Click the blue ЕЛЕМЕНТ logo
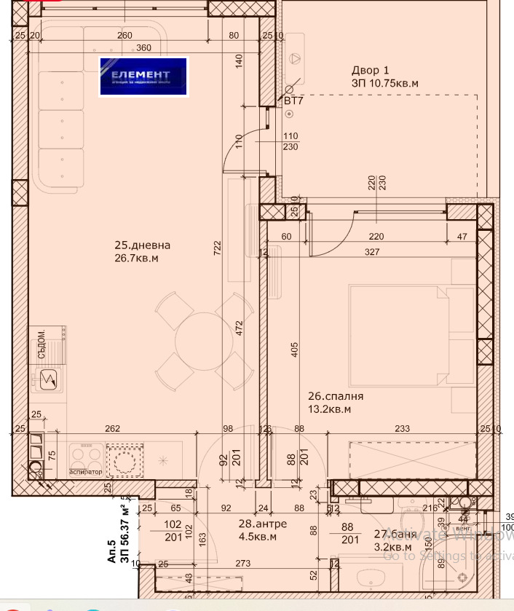tap(143, 76)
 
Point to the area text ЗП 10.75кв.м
tap(385, 84)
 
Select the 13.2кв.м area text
tap(330, 409)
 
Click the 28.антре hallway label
tap(262, 524)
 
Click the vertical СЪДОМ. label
tap(41, 343)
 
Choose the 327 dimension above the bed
tap(372, 252)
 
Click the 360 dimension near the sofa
tap(143, 48)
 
